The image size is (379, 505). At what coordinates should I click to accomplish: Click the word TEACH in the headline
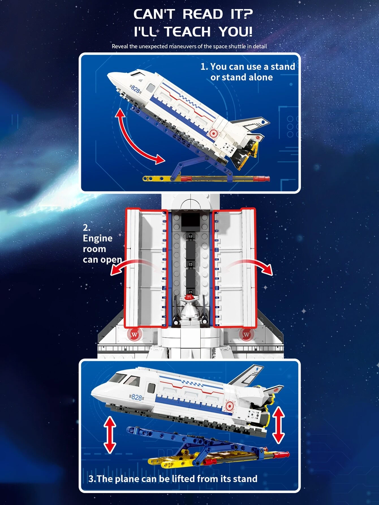point(188,31)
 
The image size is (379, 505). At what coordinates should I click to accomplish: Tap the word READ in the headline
point(203,14)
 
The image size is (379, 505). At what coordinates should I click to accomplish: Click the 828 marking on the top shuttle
point(135,90)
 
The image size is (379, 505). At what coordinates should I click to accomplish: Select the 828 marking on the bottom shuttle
point(137,397)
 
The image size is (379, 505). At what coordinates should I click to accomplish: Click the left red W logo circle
point(134,335)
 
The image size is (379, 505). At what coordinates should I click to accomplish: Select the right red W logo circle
point(246,335)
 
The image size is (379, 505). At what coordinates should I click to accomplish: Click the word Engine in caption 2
point(98,238)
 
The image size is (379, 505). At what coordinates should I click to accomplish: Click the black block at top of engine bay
point(190,220)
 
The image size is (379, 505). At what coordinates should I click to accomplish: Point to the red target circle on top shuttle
point(213,132)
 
